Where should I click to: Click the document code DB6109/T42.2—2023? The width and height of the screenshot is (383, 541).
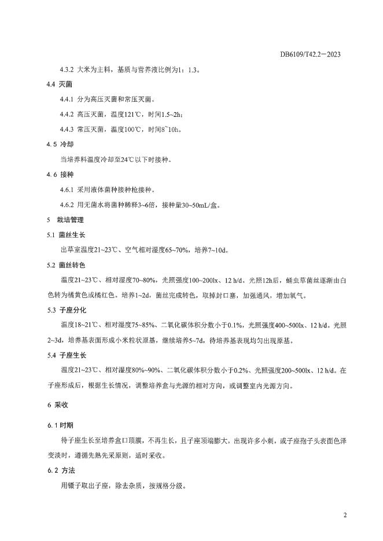pos(310,54)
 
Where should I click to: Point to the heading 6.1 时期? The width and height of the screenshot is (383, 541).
pos(60,425)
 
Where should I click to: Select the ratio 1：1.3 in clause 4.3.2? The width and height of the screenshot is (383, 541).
pos(186,69)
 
